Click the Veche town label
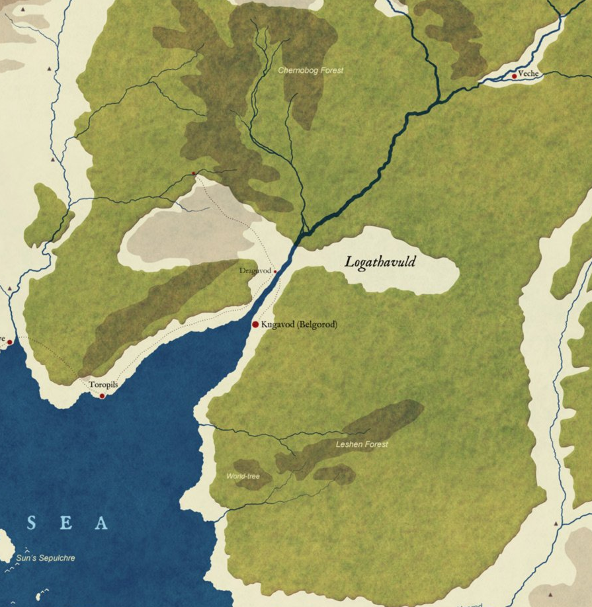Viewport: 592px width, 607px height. click(529, 74)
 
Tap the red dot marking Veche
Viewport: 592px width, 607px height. click(514, 76)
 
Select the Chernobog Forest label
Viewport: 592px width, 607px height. click(311, 70)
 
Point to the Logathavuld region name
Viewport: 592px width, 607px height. click(380, 263)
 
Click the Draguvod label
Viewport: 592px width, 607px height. click(255, 271)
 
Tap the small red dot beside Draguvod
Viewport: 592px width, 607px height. click(275, 271)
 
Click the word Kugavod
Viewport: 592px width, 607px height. click(277, 325)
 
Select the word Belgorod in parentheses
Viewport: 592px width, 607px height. click(317, 325)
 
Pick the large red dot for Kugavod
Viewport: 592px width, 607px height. click(255, 325)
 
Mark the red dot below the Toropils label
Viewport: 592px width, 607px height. click(102, 396)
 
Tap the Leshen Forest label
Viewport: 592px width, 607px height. click(361, 444)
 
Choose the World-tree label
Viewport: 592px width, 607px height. click(243, 476)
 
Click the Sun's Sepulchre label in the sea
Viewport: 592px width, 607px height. click(46, 558)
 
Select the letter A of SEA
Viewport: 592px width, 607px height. click(101, 524)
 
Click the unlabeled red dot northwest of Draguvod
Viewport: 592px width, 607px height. click(193, 173)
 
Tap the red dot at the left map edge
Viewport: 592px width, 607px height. click(9, 342)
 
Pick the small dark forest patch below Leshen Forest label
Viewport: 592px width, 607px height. click(335, 473)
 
